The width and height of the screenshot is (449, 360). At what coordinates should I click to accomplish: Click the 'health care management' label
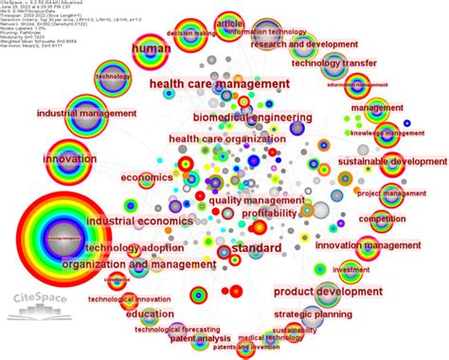click(x=219, y=84)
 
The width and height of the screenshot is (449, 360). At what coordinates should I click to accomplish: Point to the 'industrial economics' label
click(x=133, y=221)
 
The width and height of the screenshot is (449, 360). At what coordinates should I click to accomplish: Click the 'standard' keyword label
click(x=256, y=248)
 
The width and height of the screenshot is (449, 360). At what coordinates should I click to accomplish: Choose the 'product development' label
click(x=328, y=291)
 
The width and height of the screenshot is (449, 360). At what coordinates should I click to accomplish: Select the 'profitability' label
click(x=269, y=213)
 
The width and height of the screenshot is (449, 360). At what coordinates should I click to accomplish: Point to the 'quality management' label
click(x=251, y=200)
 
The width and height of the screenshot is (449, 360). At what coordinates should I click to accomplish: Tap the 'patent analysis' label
click(x=200, y=338)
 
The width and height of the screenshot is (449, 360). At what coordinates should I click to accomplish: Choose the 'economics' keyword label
click(x=146, y=177)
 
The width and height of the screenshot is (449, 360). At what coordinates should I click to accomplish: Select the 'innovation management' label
click(x=353, y=245)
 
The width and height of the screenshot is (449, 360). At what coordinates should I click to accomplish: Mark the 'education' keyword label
click(x=150, y=315)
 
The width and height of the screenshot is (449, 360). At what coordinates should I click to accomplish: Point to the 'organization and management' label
click(x=127, y=264)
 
